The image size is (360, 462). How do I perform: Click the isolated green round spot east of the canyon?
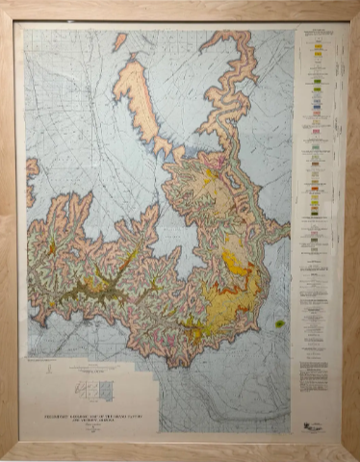[x=279, y=324]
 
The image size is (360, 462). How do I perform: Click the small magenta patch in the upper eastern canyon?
[x=223, y=162]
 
